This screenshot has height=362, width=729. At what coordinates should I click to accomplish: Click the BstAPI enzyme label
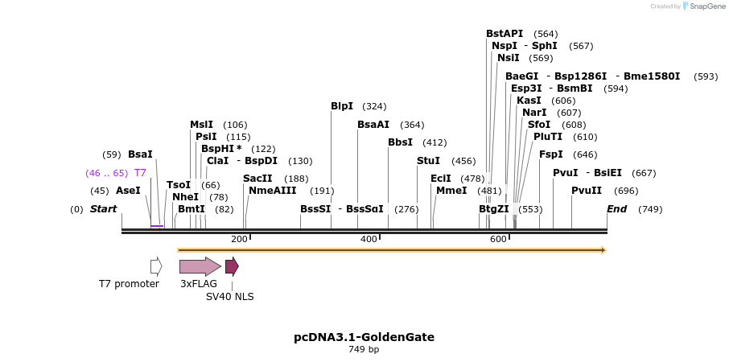[x=505, y=34]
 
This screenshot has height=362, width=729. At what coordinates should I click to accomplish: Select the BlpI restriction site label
[x=342, y=106]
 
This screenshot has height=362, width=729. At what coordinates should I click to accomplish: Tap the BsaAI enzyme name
[x=373, y=125]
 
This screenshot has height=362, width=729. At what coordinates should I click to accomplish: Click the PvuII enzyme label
[x=587, y=191]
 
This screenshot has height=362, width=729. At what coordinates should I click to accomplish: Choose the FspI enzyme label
[x=550, y=154]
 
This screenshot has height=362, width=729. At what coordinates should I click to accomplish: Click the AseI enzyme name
[x=128, y=191]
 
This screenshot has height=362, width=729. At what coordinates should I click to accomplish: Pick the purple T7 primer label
[x=140, y=173]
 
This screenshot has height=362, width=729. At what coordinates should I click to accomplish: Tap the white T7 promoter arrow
[x=156, y=266]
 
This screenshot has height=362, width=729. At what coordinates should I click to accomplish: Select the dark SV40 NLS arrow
[x=232, y=266]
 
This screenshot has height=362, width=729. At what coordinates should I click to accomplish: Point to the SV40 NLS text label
[x=229, y=297]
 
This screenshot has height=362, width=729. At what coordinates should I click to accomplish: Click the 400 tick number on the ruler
[x=369, y=240]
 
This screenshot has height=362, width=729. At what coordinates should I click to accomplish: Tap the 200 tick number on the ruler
[x=239, y=240]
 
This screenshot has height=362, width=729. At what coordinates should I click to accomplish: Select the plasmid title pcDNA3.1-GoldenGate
[x=364, y=337]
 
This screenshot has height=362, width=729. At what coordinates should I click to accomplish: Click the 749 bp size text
[x=364, y=350]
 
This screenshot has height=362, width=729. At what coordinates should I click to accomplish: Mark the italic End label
[x=616, y=209]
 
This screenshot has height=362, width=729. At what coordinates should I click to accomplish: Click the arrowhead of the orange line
[x=603, y=250]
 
